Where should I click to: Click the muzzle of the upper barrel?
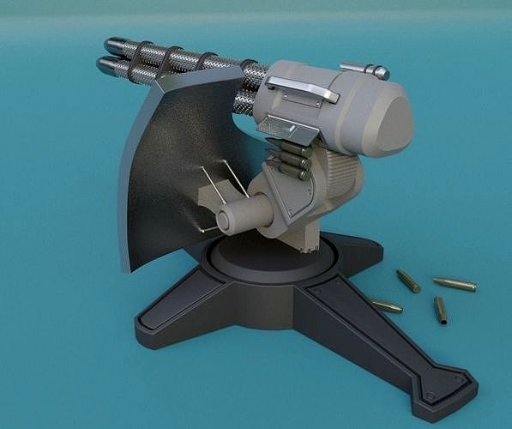109,44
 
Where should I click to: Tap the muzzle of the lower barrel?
103,64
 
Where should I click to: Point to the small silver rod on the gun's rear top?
364,70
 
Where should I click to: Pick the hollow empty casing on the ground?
440,310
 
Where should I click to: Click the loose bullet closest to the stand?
386,305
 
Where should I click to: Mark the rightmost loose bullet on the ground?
455,284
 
